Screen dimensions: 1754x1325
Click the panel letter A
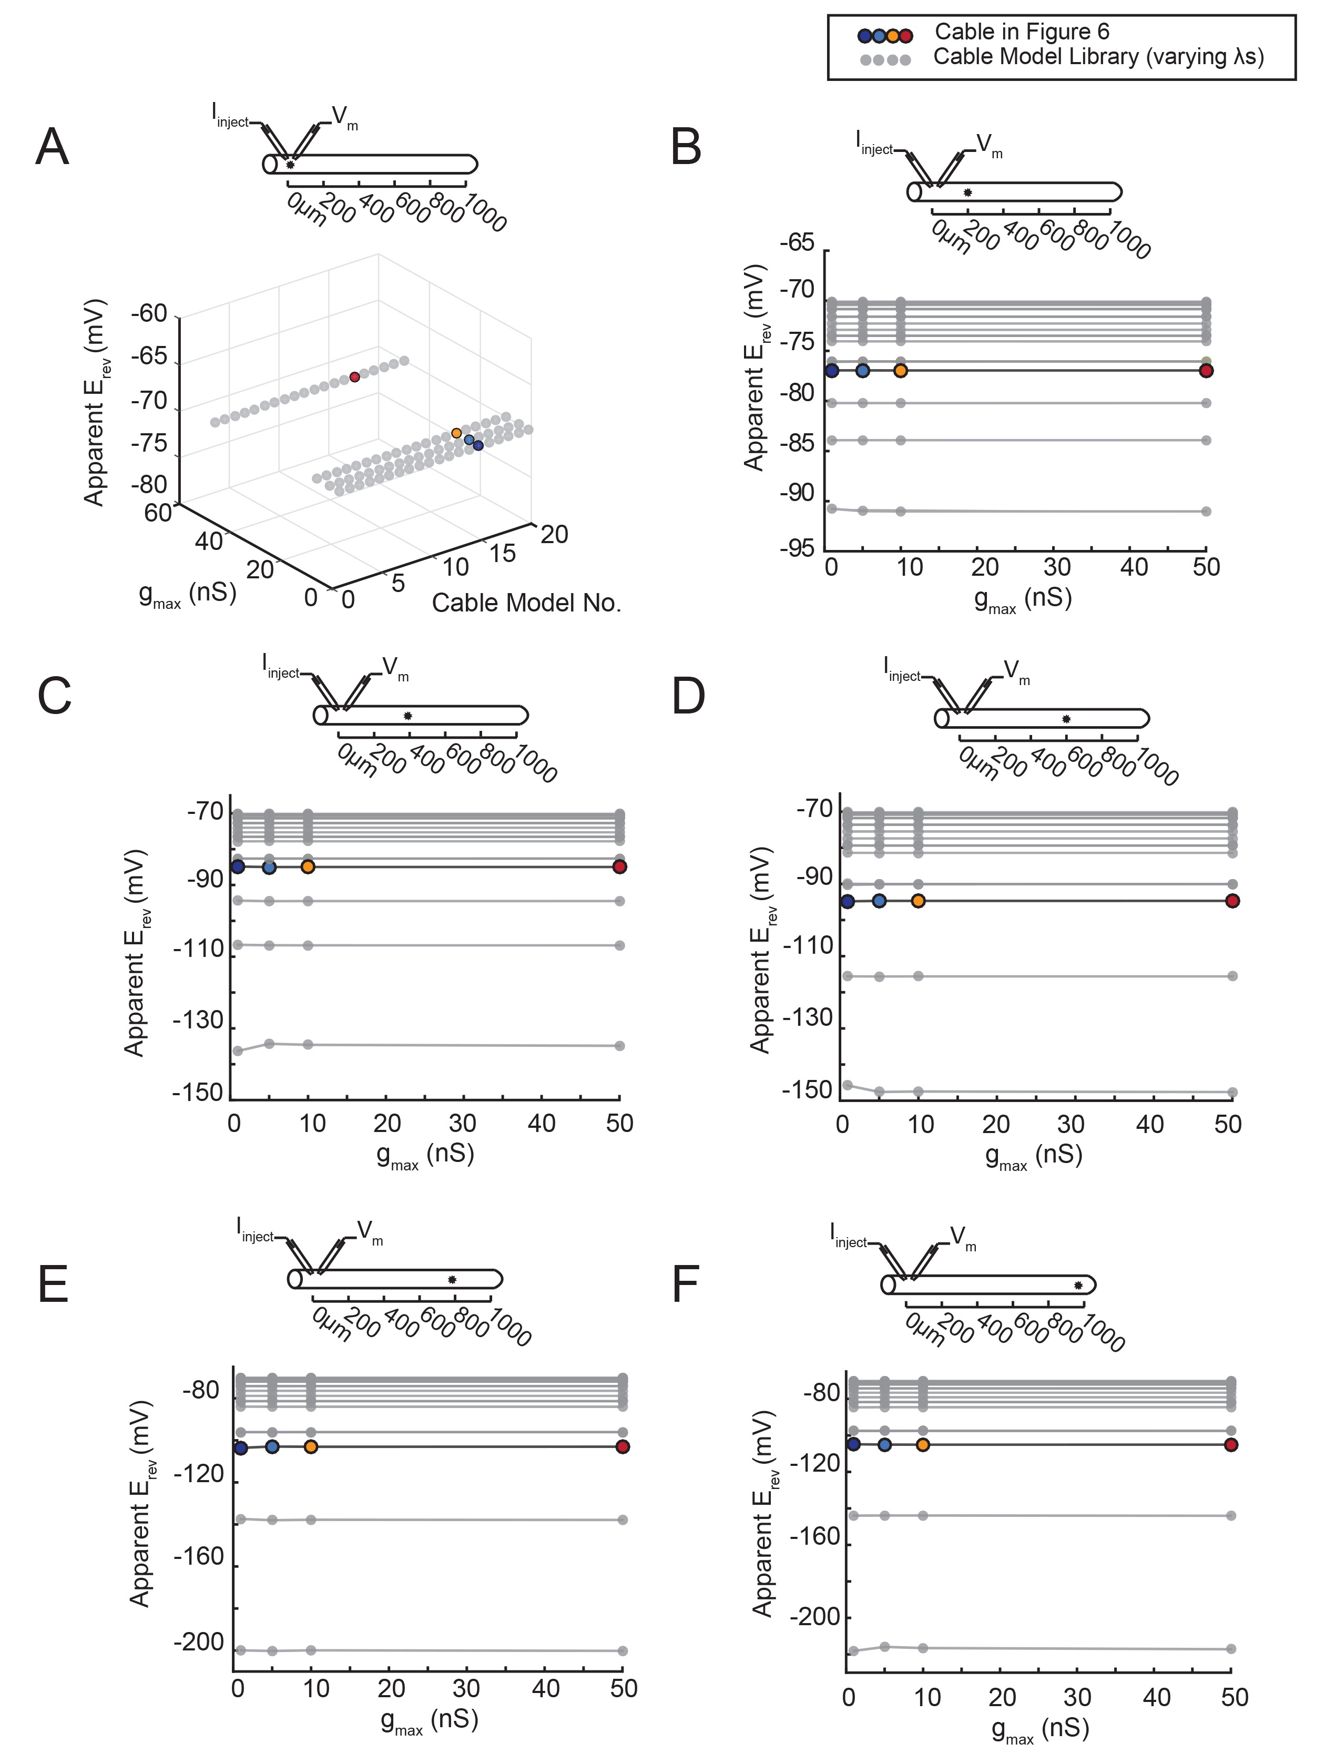click(53, 148)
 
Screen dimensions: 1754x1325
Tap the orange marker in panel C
click(308, 866)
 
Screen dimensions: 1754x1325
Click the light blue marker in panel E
click(272, 1446)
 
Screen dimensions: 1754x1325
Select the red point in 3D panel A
click(354, 378)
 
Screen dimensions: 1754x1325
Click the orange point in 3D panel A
click(456, 433)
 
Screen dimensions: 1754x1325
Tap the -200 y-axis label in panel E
click(198, 1642)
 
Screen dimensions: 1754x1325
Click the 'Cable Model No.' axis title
click(526, 604)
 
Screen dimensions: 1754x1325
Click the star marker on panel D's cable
click(1066, 719)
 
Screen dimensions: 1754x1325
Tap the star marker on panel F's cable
click(1077, 1286)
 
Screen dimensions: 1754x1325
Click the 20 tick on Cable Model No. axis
click(554, 534)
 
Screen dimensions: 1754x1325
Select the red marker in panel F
click(1231, 1445)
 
